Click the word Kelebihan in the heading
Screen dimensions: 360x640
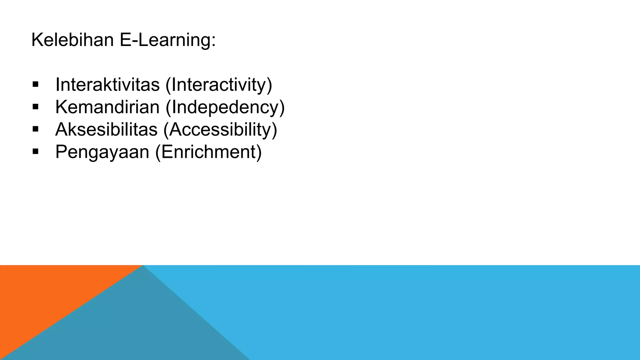tap(72, 40)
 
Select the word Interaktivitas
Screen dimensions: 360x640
tap(107, 84)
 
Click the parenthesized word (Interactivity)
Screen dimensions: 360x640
tap(219, 85)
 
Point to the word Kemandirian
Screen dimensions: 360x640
tap(107, 107)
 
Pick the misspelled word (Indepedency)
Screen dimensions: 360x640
tap(225, 107)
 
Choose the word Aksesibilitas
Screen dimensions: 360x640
tap(106, 129)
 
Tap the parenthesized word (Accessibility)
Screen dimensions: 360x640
tap(220, 130)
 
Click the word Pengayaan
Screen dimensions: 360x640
tap(102, 152)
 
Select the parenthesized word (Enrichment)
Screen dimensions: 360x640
tap(208, 152)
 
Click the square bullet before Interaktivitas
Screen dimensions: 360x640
tap(35, 84)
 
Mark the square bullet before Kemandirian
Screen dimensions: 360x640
tap(35, 107)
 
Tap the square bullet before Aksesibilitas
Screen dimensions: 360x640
tap(35, 129)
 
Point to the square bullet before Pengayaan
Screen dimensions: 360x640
tap(35, 152)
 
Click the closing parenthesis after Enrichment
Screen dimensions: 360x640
tap(259, 152)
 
